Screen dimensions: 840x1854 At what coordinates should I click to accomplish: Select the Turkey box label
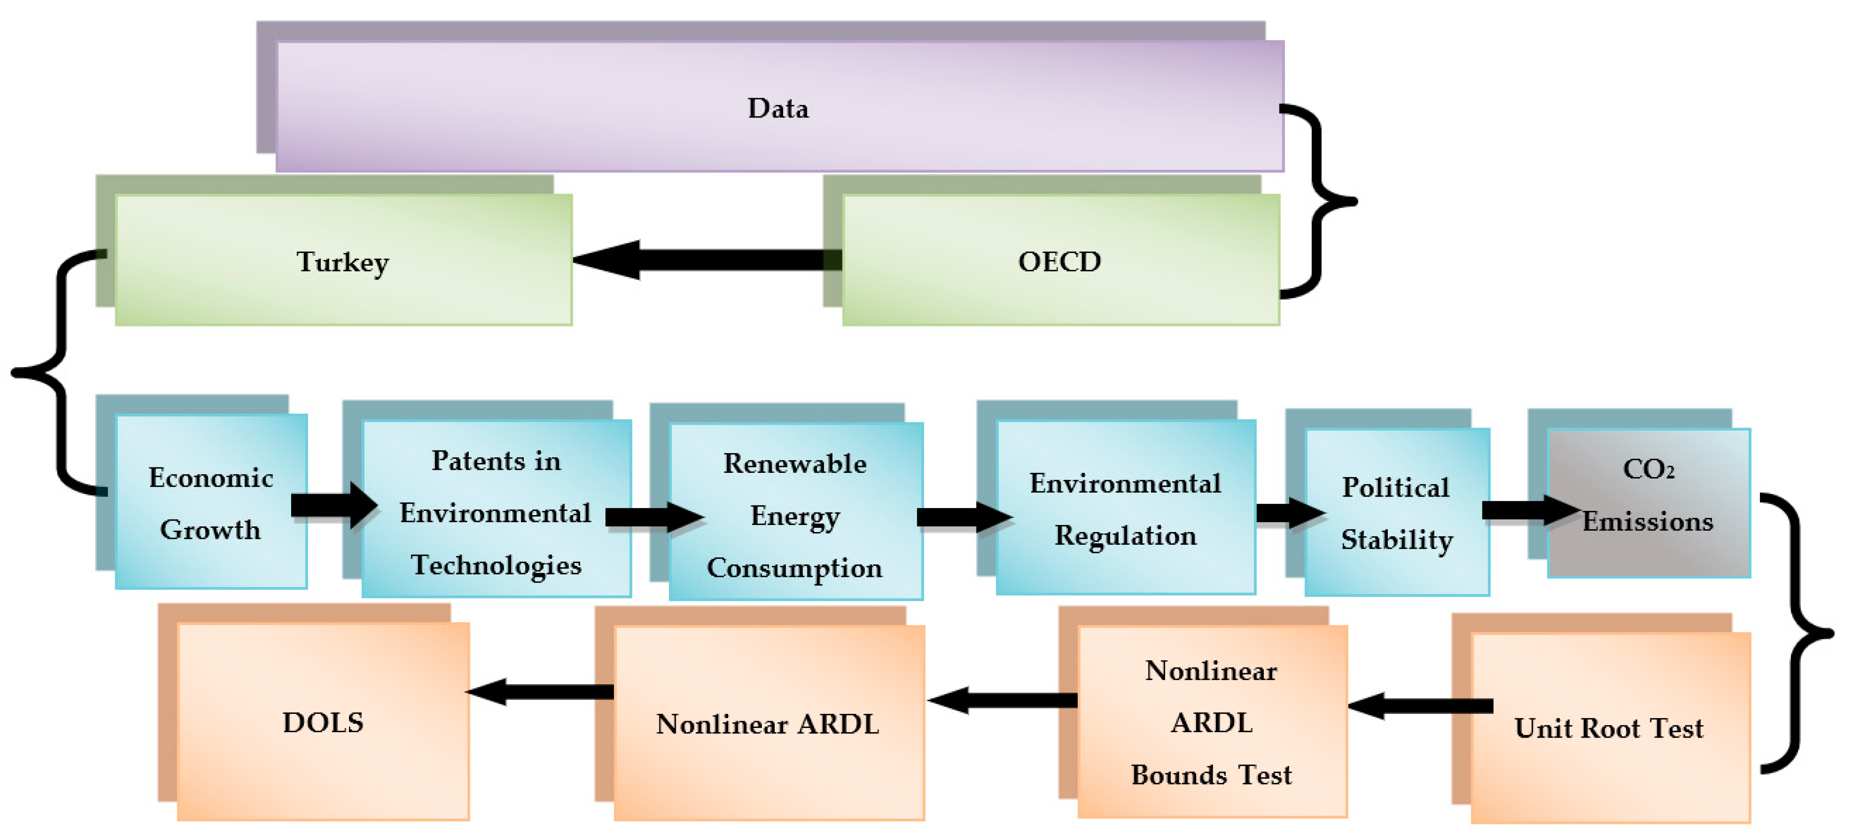click(x=343, y=262)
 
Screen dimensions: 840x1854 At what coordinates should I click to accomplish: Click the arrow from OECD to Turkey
click(x=705, y=260)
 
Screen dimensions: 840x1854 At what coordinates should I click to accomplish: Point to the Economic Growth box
click(x=211, y=502)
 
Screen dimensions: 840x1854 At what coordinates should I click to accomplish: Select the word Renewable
click(x=795, y=464)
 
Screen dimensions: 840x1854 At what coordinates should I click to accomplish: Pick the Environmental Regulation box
click(x=1125, y=508)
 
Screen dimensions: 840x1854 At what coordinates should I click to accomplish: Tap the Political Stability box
click(x=1396, y=513)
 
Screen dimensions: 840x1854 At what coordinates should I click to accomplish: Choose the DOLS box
click(x=323, y=722)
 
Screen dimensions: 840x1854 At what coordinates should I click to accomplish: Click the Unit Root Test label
click(x=1609, y=728)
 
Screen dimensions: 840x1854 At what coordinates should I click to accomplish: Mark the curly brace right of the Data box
click(x=1320, y=202)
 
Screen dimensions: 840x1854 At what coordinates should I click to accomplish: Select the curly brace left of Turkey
click(x=54, y=372)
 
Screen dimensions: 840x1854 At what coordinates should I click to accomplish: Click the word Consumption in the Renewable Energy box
click(x=794, y=568)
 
